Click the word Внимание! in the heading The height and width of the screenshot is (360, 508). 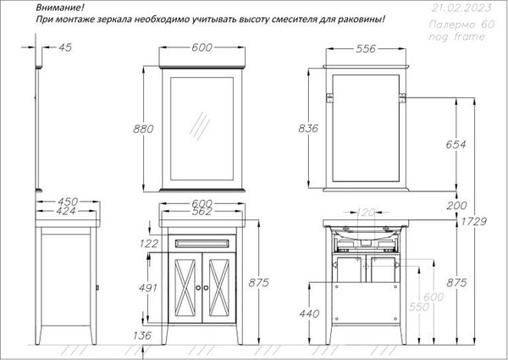62,8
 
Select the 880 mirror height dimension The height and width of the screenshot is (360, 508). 144,129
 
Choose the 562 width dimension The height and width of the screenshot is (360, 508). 201,213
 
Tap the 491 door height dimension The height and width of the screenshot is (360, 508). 147,288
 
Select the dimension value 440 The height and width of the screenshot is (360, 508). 310,313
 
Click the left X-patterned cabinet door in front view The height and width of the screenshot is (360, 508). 184,287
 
